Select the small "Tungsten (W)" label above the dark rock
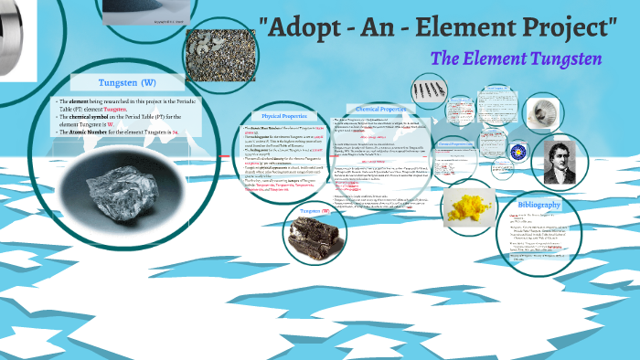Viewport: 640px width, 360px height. click(314, 212)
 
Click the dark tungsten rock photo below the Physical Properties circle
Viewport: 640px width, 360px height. click(314, 235)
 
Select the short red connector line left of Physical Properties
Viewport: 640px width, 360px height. click(224, 154)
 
